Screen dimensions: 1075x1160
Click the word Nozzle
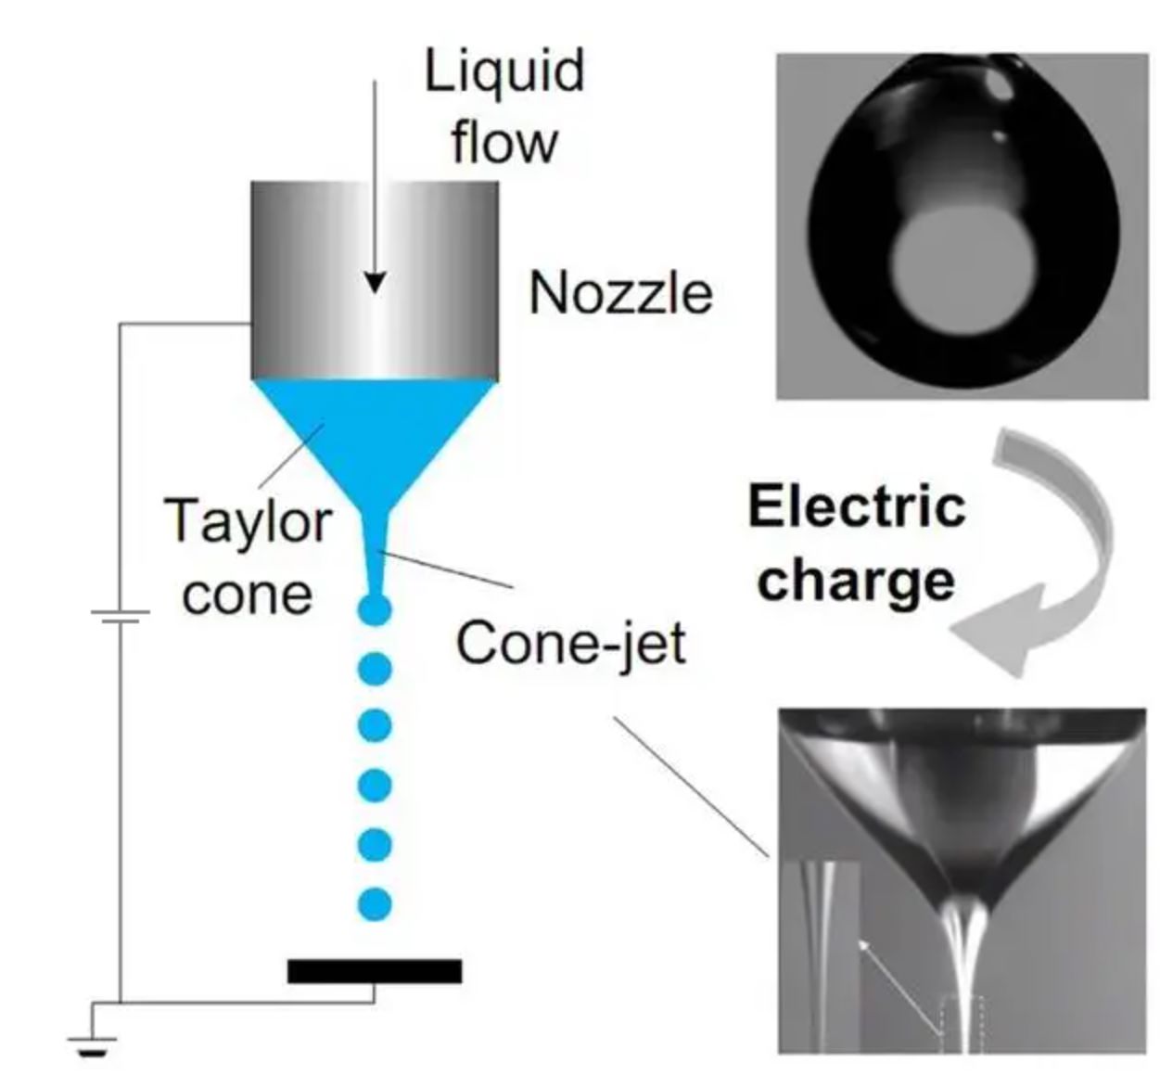pos(620,293)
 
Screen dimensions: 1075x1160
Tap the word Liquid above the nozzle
pos(504,70)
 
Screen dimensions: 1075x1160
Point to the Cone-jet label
pos(571,642)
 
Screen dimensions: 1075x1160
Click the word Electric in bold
pos(857,506)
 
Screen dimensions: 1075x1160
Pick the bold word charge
pos(857,581)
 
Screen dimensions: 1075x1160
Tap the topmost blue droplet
pos(375,609)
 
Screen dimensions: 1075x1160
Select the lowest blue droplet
pos(375,902)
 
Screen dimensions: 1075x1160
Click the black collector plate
pos(375,971)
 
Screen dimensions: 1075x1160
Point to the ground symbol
pos(93,1044)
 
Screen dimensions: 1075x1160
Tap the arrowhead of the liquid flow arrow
pos(375,282)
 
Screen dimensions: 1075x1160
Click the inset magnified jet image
pos(821,955)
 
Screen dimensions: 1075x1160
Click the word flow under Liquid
pos(504,143)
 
